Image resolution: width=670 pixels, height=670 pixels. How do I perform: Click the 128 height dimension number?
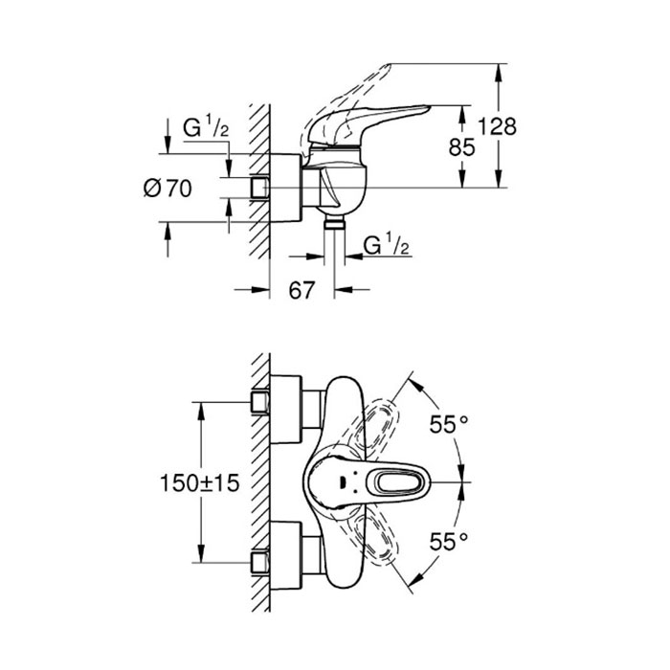click(497, 126)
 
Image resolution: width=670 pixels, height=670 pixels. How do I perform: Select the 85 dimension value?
click(462, 147)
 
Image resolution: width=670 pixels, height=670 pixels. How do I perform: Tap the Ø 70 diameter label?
click(167, 188)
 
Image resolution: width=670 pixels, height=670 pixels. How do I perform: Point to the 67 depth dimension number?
click(301, 291)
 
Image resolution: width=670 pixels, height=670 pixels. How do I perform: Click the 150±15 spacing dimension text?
click(199, 483)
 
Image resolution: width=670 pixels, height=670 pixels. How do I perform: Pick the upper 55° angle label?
click(449, 424)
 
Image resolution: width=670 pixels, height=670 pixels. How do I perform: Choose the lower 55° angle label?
click(449, 542)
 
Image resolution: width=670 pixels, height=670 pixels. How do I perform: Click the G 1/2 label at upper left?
click(206, 127)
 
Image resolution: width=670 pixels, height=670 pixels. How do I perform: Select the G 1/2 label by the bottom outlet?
click(387, 245)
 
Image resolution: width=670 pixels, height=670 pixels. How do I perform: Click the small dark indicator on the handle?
click(342, 482)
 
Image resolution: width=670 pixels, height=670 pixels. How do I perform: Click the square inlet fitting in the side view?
click(259, 188)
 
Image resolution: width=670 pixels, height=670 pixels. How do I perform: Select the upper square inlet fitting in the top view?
click(259, 403)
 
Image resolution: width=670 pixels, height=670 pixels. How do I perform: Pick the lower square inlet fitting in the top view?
click(259, 563)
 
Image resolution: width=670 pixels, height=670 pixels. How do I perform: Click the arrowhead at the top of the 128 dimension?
click(498, 73)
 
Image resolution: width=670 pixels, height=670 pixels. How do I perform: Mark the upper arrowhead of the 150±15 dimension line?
click(200, 411)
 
